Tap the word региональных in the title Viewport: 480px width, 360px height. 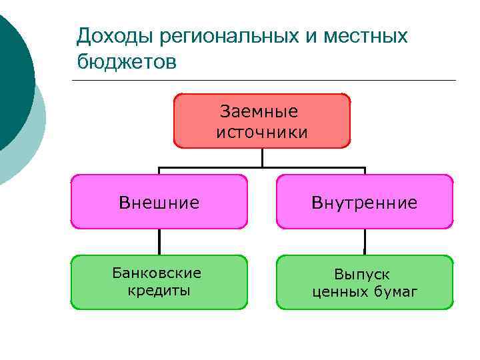223,36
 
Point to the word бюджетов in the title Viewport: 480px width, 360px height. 127,62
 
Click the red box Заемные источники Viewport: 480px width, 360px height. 262,121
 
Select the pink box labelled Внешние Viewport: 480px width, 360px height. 159,202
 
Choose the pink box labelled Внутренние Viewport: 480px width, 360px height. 365,202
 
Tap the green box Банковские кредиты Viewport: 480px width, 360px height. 159,282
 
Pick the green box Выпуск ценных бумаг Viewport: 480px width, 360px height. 365,282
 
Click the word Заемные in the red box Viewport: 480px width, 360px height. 263,111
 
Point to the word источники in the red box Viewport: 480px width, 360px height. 263,132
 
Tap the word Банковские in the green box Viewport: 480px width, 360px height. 157,273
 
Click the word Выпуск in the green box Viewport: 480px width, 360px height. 362,274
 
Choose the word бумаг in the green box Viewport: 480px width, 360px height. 393,291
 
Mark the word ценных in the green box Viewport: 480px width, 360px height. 337,291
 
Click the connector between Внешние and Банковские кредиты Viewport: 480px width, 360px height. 159,242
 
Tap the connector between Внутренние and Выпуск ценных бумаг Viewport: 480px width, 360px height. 365,242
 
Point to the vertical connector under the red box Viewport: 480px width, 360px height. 263,157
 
